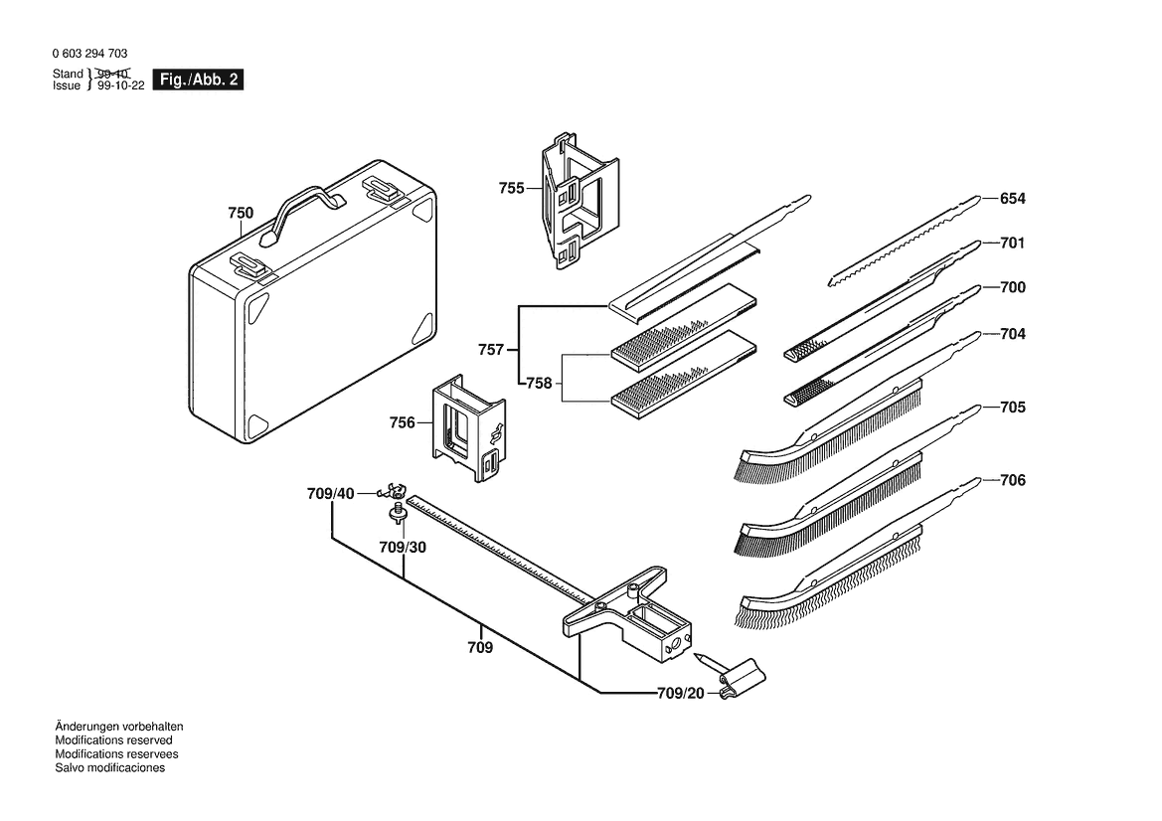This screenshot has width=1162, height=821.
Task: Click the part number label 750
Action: (x=241, y=213)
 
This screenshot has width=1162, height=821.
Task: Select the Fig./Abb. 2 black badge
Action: (x=199, y=81)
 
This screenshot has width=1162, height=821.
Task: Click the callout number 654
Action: (x=1012, y=199)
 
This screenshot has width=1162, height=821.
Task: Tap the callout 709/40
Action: (x=330, y=493)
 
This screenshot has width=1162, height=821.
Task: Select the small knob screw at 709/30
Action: (x=396, y=514)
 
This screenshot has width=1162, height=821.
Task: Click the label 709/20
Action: (x=680, y=694)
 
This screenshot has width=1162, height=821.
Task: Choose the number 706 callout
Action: (x=1012, y=480)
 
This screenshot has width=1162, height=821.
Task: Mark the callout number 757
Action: (x=491, y=350)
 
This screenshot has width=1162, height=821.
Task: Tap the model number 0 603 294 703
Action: (x=89, y=54)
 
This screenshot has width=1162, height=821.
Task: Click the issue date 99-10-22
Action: (x=121, y=86)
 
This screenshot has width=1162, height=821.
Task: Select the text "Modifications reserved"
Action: (x=113, y=740)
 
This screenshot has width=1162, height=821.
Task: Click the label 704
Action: (x=1012, y=334)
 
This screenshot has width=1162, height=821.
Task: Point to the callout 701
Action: (x=1012, y=243)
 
